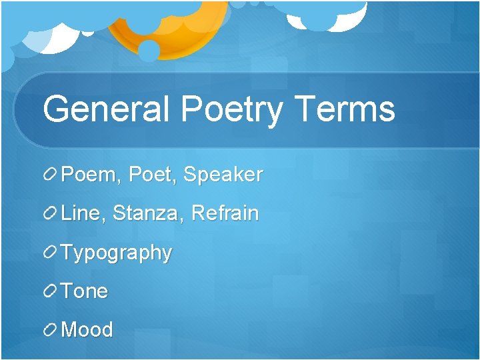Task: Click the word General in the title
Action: pos(106,109)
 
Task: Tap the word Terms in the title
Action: pos(345,109)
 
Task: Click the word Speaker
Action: pos(223,175)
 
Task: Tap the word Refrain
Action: pos(225,214)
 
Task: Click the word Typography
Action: pos(117,253)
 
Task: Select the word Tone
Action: pos(85,291)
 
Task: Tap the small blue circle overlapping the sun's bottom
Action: pos(149,51)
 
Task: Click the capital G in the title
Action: pos(57,109)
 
